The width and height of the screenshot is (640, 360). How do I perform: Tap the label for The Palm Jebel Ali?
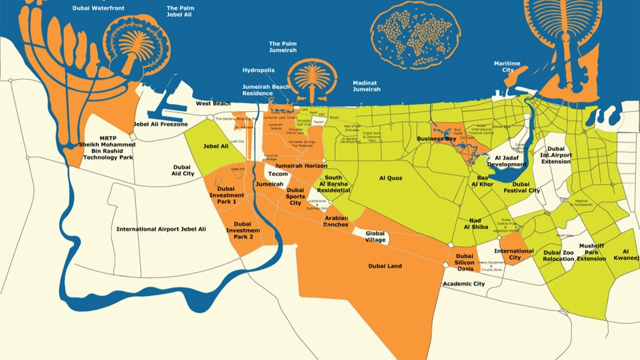181,11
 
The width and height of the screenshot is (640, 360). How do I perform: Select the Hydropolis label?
258,70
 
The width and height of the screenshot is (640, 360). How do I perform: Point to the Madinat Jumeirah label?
367,86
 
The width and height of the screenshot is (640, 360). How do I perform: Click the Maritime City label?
508,67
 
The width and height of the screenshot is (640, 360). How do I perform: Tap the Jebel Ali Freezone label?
161,125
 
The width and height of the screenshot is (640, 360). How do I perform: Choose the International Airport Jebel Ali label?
161,229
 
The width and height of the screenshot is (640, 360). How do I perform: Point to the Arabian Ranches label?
336,221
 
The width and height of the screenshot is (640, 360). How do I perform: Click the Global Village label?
375,236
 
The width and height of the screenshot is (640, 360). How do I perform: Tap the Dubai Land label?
385,266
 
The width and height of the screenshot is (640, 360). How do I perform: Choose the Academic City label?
464,284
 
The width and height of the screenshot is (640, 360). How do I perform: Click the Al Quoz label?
391,179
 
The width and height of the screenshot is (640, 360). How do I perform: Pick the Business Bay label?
436,139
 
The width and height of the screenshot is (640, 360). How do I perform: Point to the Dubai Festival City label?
522,186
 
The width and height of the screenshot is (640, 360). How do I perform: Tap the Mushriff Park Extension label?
591,252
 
